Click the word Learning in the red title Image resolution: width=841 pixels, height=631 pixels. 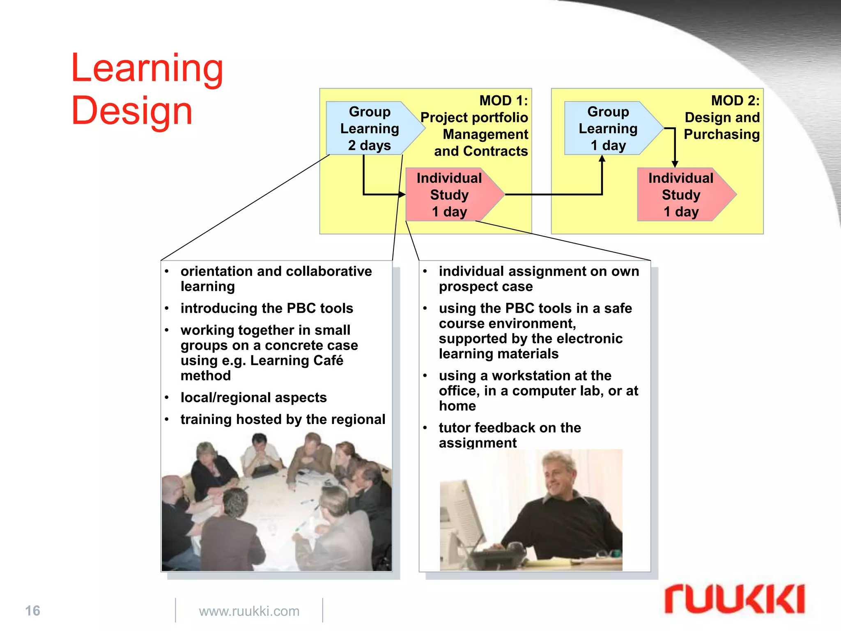tap(147, 69)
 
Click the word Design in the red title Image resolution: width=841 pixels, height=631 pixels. tap(131, 111)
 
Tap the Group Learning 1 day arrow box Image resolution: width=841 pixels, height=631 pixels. tap(609, 128)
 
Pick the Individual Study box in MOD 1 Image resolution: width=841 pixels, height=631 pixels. tap(450, 195)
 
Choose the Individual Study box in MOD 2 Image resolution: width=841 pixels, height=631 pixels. tap(681, 195)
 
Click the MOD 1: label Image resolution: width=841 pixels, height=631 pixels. tap(503, 101)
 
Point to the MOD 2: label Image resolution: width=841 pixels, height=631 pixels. tap(735, 101)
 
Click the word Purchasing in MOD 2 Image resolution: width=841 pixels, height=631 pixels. tap(722, 134)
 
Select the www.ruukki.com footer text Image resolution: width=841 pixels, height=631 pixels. tap(249, 611)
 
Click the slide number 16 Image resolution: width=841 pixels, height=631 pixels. tap(33, 610)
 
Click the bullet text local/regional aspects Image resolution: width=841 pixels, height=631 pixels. tap(253, 397)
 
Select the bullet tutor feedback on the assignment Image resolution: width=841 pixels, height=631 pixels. tap(509, 435)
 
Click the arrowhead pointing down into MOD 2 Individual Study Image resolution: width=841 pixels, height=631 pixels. tap(675, 164)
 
